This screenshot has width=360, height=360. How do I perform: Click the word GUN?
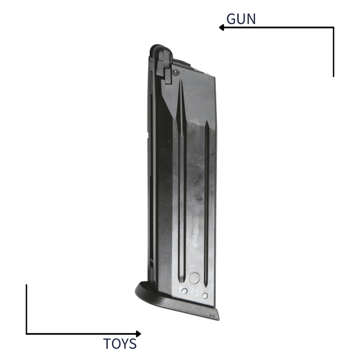[x=241, y=19]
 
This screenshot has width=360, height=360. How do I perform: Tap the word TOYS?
[x=120, y=344]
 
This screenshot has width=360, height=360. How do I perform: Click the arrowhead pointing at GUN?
[x=221, y=27]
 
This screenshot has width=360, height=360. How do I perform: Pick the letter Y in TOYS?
[x=126, y=344]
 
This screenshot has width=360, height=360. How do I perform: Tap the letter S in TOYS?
[x=133, y=344]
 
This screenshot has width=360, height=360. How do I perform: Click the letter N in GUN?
[x=251, y=19]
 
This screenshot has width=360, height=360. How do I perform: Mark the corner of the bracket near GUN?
[x=333, y=27]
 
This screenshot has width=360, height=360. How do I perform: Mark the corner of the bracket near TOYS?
[x=26, y=334]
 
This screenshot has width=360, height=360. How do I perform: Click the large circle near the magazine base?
[x=194, y=279]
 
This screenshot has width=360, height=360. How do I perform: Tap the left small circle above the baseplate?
[x=184, y=291]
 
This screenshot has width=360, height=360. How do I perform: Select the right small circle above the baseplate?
[x=204, y=296]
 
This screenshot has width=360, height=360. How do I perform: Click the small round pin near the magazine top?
[x=175, y=72]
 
